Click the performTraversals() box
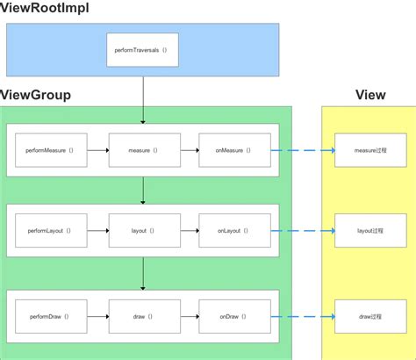tap(141, 51)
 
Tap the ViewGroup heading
tap(36, 95)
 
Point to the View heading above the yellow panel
tap(369, 95)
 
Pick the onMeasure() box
tap(233, 150)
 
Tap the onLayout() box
tap(233, 230)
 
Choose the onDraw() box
tap(233, 315)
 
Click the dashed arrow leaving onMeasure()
tap(302, 150)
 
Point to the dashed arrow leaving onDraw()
tap(302, 315)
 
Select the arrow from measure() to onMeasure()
tap(190, 150)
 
